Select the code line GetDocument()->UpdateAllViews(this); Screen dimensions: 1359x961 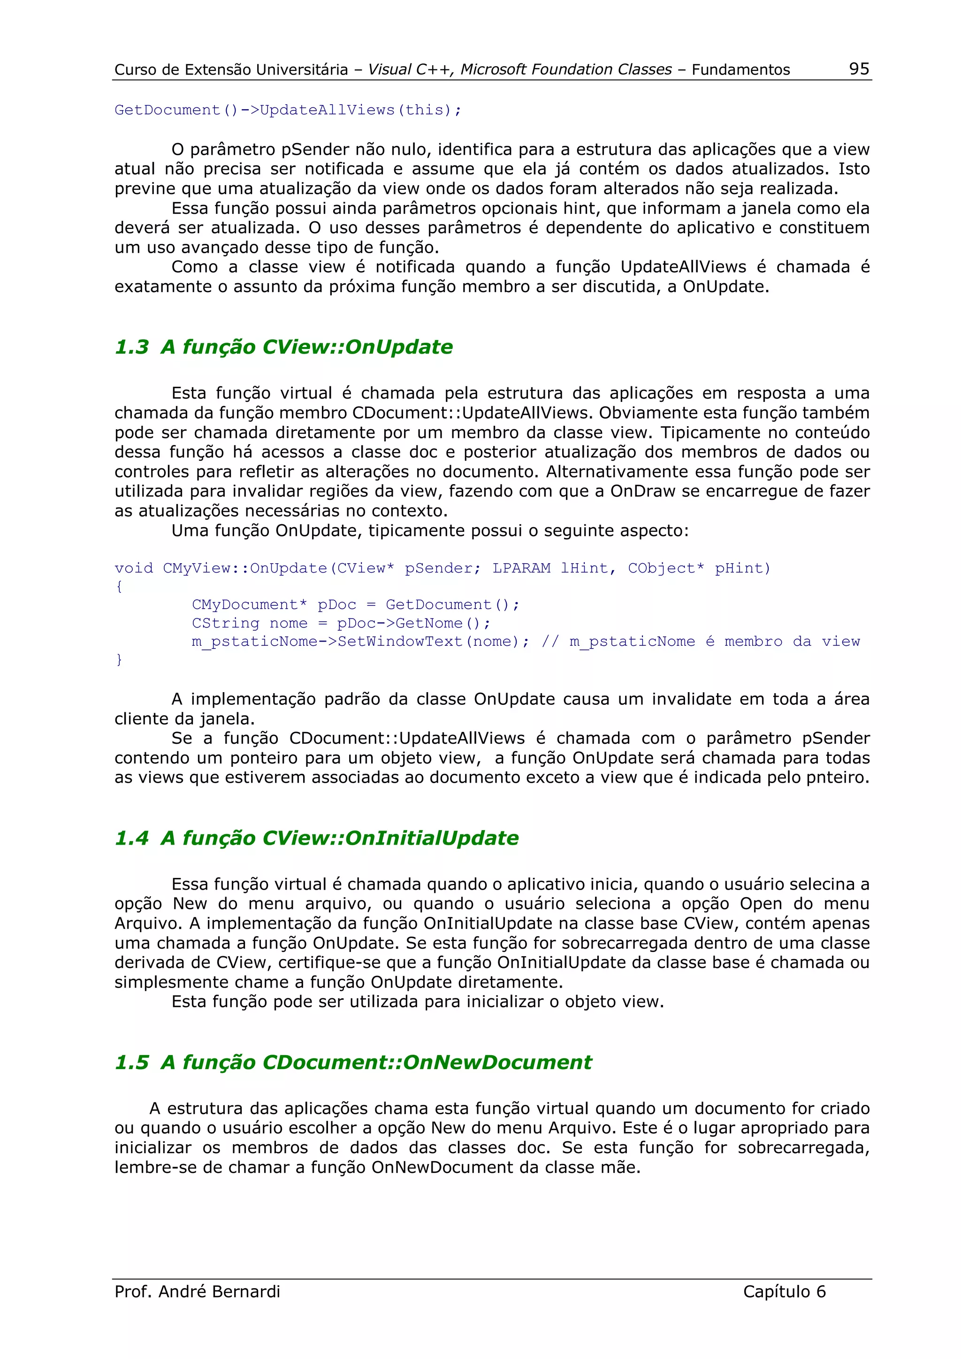(x=288, y=110)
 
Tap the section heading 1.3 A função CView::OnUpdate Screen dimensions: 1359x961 (x=283, y=347)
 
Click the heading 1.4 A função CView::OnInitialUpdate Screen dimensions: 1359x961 (x=316, y=838)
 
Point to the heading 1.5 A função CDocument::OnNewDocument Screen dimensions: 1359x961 (x=353, y=1063)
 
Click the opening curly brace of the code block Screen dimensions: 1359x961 (x=119, y=587)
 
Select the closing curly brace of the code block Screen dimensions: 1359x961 (x=119, y=659)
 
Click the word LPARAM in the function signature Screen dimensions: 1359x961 (x=521, y=568)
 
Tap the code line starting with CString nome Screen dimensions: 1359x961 (x=341, y=623)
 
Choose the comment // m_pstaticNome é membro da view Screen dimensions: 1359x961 (x=701, y=642)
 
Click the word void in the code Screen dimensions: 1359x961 (x=134, y=568)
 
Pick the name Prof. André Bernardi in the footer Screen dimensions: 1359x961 (x=197, y=1291)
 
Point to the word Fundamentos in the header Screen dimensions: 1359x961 (x=741, y=70)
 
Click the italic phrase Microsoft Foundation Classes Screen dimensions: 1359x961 (x=566, y=69)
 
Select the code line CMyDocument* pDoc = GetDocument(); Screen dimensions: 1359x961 (x=355, y=605)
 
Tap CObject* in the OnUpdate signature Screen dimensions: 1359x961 (x=665, y=568)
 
